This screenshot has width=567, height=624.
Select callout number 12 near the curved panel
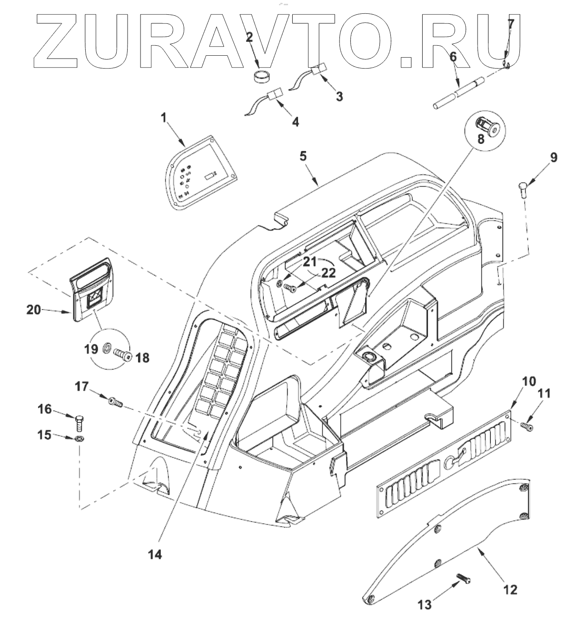pos(510,590)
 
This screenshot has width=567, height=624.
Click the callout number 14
pos(155,554)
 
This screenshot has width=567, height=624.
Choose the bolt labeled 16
pos(80,422)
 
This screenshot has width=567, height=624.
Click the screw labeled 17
pos(115,403)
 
